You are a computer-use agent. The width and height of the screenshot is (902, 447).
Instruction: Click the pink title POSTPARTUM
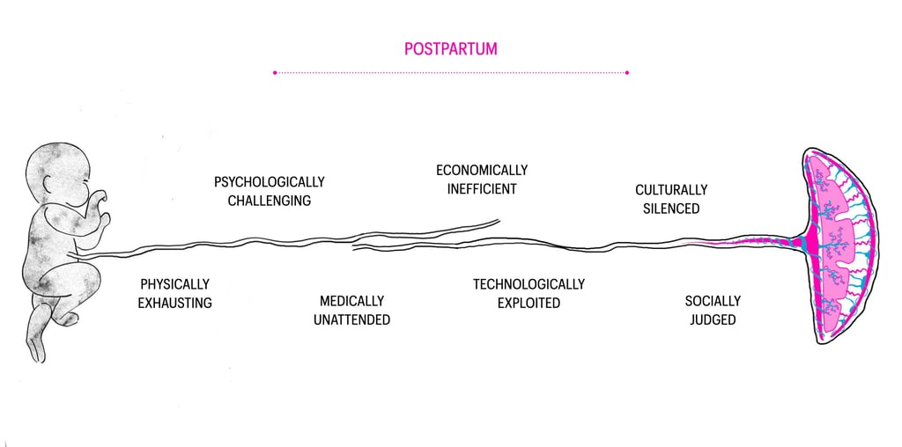tap(450, 48)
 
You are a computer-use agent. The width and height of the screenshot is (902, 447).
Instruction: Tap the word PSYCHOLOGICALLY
tap(269, 182)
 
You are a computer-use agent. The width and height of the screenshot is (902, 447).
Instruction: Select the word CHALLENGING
tap(269, 201)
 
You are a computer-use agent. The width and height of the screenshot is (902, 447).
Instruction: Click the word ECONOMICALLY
tap(482, 170)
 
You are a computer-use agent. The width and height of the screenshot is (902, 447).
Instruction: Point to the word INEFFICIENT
tap(481, 188)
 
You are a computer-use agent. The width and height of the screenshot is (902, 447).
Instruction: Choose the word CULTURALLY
tap(671, 190)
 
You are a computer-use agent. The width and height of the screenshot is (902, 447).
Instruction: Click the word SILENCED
tap(671, 209)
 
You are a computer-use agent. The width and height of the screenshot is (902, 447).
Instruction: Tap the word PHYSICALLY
tap(174, 284)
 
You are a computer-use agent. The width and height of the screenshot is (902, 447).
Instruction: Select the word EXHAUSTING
tap(174, 303)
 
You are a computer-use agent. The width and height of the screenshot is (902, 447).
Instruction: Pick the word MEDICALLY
tap(351, 301)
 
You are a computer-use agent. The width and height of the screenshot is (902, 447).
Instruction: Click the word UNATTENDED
tap(351, 319)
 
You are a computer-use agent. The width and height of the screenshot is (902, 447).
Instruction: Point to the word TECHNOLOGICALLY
tap(529, 284)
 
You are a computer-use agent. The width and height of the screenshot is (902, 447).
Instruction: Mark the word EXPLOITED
tap(529, 303)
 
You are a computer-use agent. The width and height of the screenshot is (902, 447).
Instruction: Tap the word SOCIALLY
tap(713, 301)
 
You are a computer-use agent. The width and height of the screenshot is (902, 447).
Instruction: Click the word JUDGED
tap(713, 319)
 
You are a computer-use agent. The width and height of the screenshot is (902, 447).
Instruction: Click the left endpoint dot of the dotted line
tap(276, 72)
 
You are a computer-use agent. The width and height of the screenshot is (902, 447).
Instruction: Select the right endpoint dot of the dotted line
tap(627, 72)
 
